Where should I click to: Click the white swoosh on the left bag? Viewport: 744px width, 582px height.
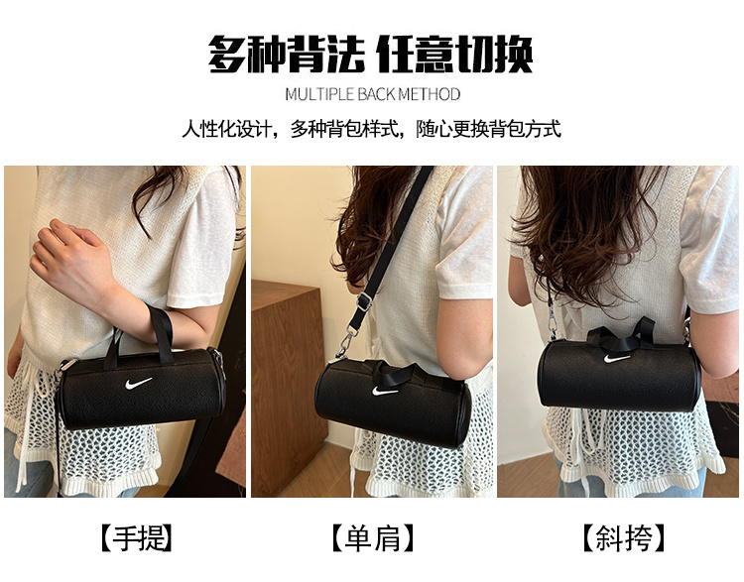point(138,383)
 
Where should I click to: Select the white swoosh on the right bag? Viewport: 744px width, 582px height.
point(616,358)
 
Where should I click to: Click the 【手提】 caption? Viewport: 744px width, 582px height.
point(136,538)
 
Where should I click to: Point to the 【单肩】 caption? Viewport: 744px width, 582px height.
point(373,538)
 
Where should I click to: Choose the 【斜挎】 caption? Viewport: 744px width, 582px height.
point(624,538)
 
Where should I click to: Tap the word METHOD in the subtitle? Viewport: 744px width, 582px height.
point(429,94)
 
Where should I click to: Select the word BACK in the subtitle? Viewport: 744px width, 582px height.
point(376,94)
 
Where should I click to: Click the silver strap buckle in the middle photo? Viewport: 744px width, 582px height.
point(364,301)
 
